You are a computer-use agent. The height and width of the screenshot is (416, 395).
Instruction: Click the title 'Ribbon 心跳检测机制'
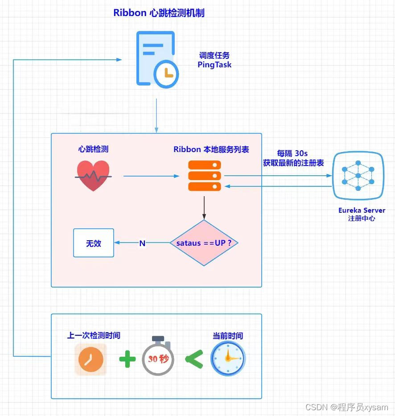pyautogui.click(x=159, y=12)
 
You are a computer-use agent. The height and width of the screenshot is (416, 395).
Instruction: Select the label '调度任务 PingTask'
pyautogui.click(x=214, y=60)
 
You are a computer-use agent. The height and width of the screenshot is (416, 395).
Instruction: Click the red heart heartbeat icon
pyautogui.click(x=93, y=176)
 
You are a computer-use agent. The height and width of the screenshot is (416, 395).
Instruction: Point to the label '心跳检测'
pyautogui.click(x=93, y=149)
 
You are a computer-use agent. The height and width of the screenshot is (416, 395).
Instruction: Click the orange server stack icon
pyautogui.click(x=205, y=176)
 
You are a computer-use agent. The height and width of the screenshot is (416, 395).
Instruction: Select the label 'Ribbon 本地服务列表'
pyautogui.click(x=211, y=149)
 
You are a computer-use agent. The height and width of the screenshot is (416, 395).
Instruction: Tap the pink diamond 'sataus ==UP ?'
pyautogui.click(x=204, y=243)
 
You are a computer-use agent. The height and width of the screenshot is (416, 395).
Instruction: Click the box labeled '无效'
pyautogui.click(x=94, y=243)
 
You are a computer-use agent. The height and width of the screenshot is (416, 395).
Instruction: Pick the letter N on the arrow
pyautogui.click(x=142, y=243)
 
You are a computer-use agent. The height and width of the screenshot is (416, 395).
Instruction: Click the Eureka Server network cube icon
pyautogui.click(x=358, y=176)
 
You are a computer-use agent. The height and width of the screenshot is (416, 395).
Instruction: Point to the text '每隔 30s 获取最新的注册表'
pyautogui.click(x=293, y=158)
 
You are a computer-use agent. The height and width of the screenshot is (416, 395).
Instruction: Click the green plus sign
pyautogui.click(x=127, y=358)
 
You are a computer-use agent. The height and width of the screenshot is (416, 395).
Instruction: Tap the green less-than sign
pyautogui.click(x=193, y=358)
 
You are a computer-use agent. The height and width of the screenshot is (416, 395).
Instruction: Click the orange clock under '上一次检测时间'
pyautogui.click(x=91, y=359)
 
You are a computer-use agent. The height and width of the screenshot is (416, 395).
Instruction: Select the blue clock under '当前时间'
pyautogui.click(x=228, y=358)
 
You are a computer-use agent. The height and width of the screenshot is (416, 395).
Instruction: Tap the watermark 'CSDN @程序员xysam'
pyautogui.click(x=346, y=408)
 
